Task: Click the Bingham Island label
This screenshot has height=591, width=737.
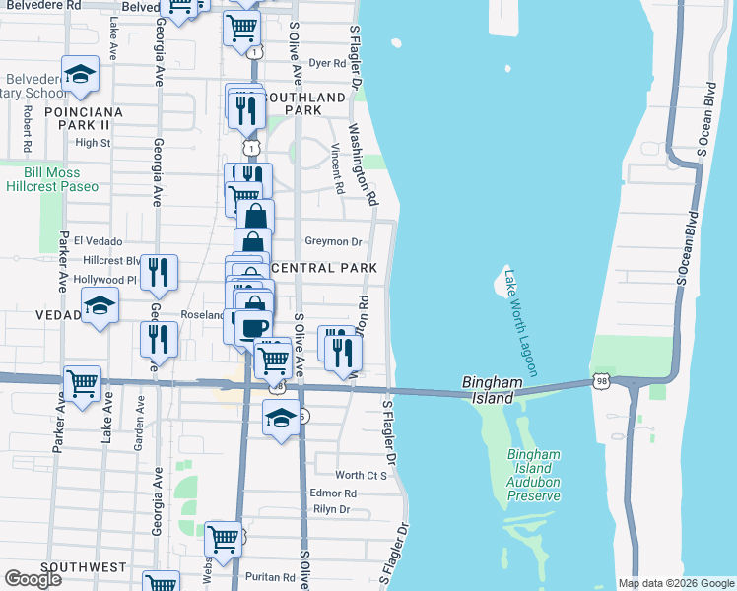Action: click(x=488, y=390)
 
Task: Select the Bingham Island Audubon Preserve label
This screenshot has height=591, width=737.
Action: click(x=533, y=475)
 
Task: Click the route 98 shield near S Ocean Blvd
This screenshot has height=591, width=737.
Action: click(x=602, y=379)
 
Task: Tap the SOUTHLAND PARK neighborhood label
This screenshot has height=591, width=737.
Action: click(x=307, y=103)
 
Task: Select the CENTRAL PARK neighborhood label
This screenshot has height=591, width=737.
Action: click(x=324, y=268)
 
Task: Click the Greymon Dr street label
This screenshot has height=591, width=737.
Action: click(x=334, y=240)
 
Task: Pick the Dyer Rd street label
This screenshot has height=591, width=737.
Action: click(x=327, y=62)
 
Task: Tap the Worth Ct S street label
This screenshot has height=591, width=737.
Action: click(x=362, y=475)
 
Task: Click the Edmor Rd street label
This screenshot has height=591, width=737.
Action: click(x=332, y=493)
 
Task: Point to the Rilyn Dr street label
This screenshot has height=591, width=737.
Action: click(x=330, y=509)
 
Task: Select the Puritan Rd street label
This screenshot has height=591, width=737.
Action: click(x=272, y=578)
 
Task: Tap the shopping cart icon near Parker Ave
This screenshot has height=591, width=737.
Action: click(x=83, y=383)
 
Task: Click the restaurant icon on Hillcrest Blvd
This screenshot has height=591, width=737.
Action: click(x=158, y=272)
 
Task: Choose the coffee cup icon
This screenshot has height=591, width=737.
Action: click(x=254, y=326)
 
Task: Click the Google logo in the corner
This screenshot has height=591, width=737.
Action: click(x=33, y=579)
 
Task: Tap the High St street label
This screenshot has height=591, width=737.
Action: click(x=93, y=142)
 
